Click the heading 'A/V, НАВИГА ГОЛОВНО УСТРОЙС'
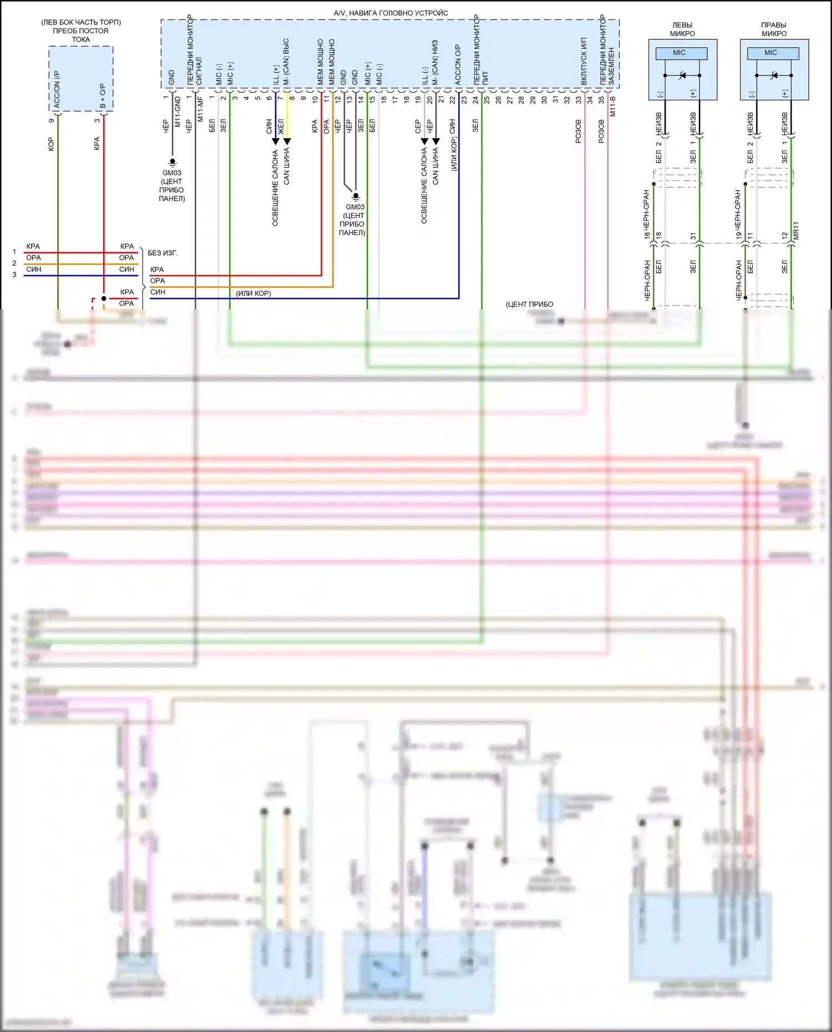pyautogui.click(x=390, y=13)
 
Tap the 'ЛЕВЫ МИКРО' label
pyautogui.click(x=682, y=29)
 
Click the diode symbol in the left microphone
pyautogui.click(x=682, y=75)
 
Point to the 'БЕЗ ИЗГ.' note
pyautogui.click(x=163, y=253)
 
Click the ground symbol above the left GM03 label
pyautogui.click(x=173, y=162)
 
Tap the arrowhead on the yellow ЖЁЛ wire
pyautogui.click(x=287, y=141)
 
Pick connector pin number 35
pyautogui.click(x=601, y=100)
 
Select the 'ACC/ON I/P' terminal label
pyautogui.click(x=57, y=89)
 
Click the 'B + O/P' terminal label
pyautogui.click(x=103, y=96)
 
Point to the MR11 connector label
pyautogui.click(x=797, y=231)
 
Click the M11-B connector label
pyautogui.click(x=613, y=106)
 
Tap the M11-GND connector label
pyautogui.click(x=178, y=111)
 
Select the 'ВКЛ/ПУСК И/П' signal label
pyautogui.click(x=584, y=62)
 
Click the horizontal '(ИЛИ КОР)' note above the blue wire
pyautogui.click(x=253, y=293)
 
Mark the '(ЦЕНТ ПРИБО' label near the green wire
pyautogui.click(x=529, y=304)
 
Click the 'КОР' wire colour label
pyautogui.click(x=51, y=144)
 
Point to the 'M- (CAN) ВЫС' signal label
pyautogui.click(x=286, y=62)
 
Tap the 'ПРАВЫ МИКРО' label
pyautogui.click(x=774, y=29)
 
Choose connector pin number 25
pyautogui.click(x=486, y=100)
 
